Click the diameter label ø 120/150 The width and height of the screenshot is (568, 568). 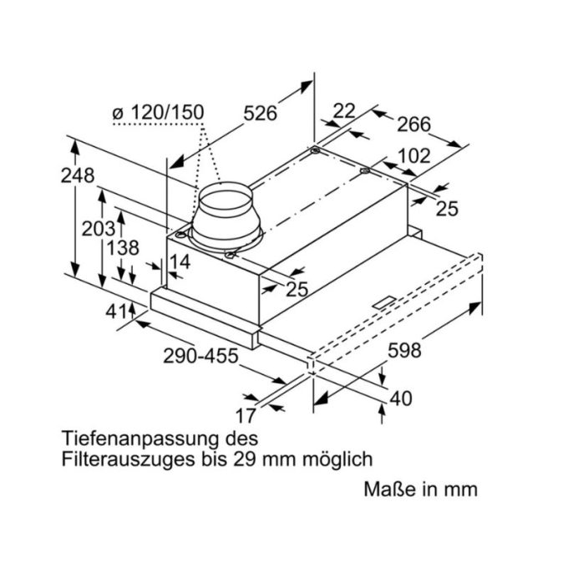pyautogui.click(x=157, y=112)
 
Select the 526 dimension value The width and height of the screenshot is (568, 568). pyautogui.click(x=260, y=113)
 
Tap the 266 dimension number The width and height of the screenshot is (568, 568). pyautogui.click(x=413, y=124)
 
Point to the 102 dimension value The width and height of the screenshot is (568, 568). pyautogui.click(x=413, y=156)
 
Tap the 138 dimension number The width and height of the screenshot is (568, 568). pyautogui.click(x=122, y=248)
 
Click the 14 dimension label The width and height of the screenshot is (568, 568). pyautogui.click(x=180, y=262)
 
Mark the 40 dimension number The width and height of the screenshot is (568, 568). pyautogui.click(x=401, y=399)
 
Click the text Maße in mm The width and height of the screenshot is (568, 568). pyautogui.click(x=420, y=489)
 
